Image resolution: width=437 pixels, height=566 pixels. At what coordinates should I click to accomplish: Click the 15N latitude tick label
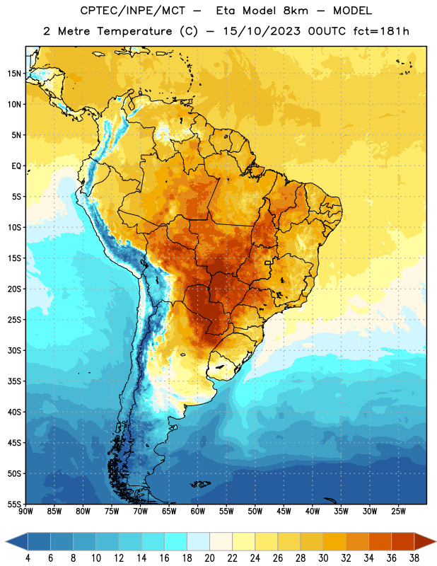(x=14, y=74)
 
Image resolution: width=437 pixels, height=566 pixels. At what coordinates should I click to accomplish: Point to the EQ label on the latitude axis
(x=16, y=166)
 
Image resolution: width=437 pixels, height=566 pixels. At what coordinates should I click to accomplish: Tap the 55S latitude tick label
(x=14, y=504)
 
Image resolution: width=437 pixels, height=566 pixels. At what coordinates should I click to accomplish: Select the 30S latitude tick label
(x=14, y=350)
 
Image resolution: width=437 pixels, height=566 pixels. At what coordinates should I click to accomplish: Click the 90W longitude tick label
(x=25, y=511)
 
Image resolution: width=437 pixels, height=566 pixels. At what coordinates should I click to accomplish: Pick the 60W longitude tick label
(x=198, y=511)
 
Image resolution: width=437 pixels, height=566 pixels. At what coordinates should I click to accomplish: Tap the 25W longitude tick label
(x=398, y=511)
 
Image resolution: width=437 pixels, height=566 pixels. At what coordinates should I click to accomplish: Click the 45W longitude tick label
(x=284, y=511)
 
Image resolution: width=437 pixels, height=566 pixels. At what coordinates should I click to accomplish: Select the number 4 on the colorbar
(x=28, y=558)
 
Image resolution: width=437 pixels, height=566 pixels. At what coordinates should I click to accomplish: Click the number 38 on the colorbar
(x=414, y=558)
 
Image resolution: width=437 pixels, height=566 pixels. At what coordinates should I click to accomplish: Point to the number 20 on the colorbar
(x=209, y=558)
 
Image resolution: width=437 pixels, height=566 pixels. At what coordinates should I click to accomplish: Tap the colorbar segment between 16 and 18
(x=176, y=542)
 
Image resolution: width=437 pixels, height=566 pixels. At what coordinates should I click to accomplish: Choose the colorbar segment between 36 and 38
(x=403, y=542)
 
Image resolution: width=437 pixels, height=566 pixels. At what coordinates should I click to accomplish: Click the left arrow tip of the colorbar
(x=6, y=542)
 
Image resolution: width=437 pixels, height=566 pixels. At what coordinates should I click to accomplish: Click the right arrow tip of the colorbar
(x=436, y=542)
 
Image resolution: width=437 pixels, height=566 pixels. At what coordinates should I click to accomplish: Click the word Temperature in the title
(x=134, y=31)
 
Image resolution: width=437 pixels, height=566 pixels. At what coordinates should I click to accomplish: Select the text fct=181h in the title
(x=381, y=31)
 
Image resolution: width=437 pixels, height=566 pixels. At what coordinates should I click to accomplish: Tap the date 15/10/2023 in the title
(x=262, y=31)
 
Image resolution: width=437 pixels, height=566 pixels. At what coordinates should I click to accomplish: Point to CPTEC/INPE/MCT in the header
(x=132, y=11)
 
